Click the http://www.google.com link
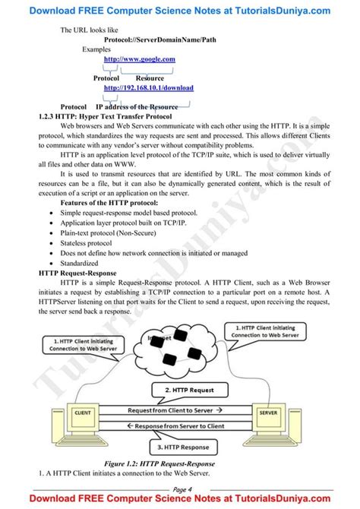coord(139,58)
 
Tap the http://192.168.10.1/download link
coord(149,87)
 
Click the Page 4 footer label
coord(182,488)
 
